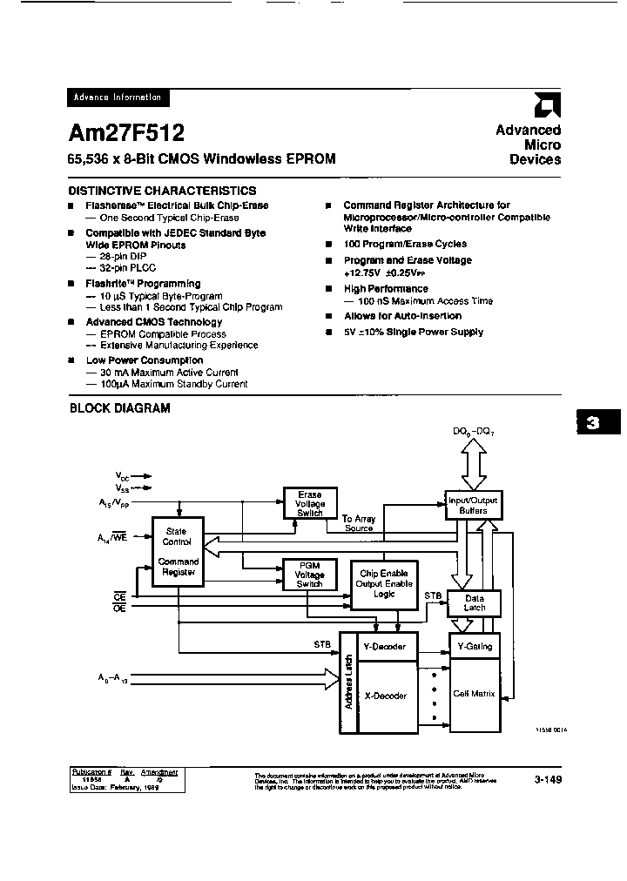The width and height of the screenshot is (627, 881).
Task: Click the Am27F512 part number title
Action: coord(125,132)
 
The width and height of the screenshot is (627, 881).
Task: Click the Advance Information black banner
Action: coord(118,98)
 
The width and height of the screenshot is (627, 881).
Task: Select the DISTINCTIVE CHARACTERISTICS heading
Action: coord(162,191)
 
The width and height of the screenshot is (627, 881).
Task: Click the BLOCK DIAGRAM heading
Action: coord(119,407)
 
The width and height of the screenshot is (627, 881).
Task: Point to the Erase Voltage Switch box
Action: coord(310,503)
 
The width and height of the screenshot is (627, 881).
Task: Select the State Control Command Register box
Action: coord(177,553)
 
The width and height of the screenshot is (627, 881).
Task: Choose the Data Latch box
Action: coord(474,602)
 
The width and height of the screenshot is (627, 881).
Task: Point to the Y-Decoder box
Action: coord(383,646)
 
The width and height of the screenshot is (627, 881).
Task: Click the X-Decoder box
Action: coord(383,696)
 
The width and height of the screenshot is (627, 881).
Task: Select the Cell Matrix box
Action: coord(474,693)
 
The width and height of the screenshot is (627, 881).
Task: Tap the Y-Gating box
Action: coord(474,646)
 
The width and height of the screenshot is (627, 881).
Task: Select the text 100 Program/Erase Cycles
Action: coord(405,245)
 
